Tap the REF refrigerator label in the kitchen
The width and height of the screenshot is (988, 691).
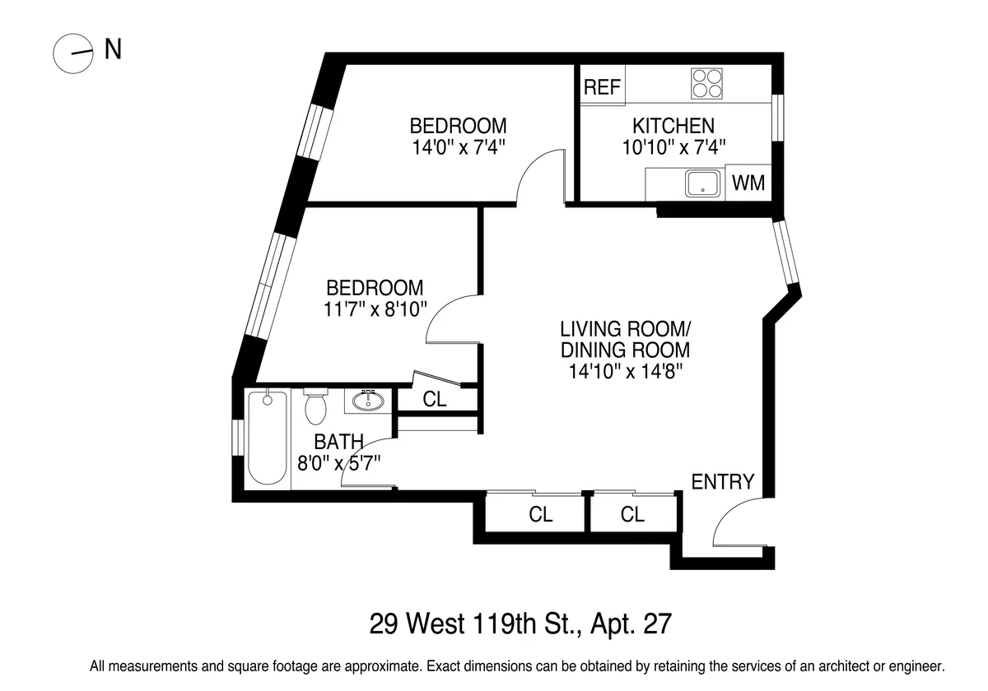coord(602,87)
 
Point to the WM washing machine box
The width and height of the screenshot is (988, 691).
coord(748,183)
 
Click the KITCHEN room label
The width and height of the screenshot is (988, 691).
coord(673,126)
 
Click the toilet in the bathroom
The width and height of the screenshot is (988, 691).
coord(315,405)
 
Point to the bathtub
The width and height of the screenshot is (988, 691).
coord(268,438)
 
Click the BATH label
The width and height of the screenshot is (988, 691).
coord(338,443)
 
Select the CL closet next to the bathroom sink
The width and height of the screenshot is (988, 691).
coord(435,399)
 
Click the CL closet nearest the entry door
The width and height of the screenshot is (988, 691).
coord(632,515)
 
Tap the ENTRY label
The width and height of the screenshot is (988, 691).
coord(722,481)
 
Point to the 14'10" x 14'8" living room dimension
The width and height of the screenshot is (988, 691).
coord(625,370)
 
